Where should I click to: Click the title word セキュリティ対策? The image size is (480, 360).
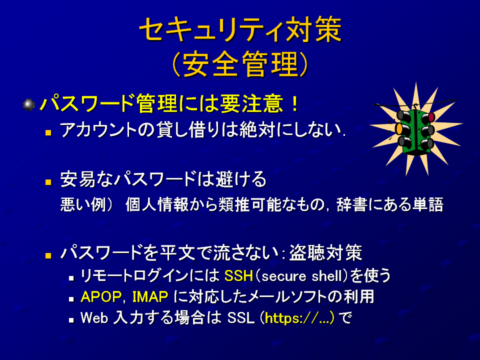(240, 29)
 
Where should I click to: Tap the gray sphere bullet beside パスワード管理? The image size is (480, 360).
(29, 104)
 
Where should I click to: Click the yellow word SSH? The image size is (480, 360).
(239, 276)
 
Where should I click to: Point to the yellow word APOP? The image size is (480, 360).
(101, 296)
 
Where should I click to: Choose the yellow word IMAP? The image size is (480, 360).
(150, 296)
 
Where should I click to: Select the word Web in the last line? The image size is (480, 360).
(94, 318)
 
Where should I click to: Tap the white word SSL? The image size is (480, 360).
(241, 318)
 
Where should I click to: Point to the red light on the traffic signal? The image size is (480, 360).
(431, 117)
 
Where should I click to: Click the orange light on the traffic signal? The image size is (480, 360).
(399, 129)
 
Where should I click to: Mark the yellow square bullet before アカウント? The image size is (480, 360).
(48, 133)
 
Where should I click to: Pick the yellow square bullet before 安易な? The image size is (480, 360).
(48, 182)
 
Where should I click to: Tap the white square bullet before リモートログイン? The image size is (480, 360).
(71, 278)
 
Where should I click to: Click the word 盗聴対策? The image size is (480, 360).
(325, 252)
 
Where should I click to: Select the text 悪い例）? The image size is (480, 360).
(86, 204)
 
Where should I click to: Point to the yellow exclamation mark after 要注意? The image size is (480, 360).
(295, 104)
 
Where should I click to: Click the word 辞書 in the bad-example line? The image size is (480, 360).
(351, 204)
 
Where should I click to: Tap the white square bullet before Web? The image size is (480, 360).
(71, 320)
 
